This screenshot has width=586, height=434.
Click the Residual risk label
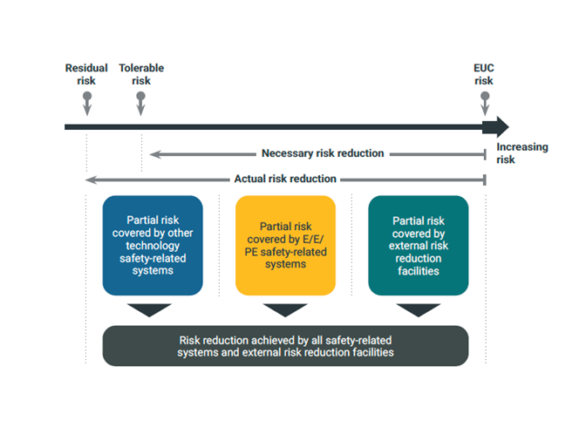(86, 74)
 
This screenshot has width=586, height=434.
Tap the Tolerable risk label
(141, 74)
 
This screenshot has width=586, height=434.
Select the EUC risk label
(484, 74)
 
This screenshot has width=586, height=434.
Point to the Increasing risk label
(522, 153)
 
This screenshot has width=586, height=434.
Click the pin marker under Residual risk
(87, 104)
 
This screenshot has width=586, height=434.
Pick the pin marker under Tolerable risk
(141, 104)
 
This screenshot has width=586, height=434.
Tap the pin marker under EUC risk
(485, 104)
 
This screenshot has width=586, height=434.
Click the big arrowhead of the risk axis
(496, 127)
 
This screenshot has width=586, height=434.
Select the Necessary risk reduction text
(323, 153)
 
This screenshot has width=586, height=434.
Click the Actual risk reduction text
(285, 179)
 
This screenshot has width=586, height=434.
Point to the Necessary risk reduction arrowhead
(155, 154)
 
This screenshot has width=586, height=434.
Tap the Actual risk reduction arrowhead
(92, 180)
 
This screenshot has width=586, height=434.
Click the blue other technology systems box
(153, 246)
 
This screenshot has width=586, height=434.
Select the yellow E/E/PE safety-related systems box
(285, 246)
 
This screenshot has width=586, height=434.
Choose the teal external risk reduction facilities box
(419, 246)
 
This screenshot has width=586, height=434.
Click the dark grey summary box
(285, 346)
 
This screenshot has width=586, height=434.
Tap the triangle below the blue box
(149, 310)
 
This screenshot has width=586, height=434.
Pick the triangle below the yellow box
(285, 310)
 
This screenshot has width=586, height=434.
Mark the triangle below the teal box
(419, 310)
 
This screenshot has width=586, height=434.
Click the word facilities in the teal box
(419, 271)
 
